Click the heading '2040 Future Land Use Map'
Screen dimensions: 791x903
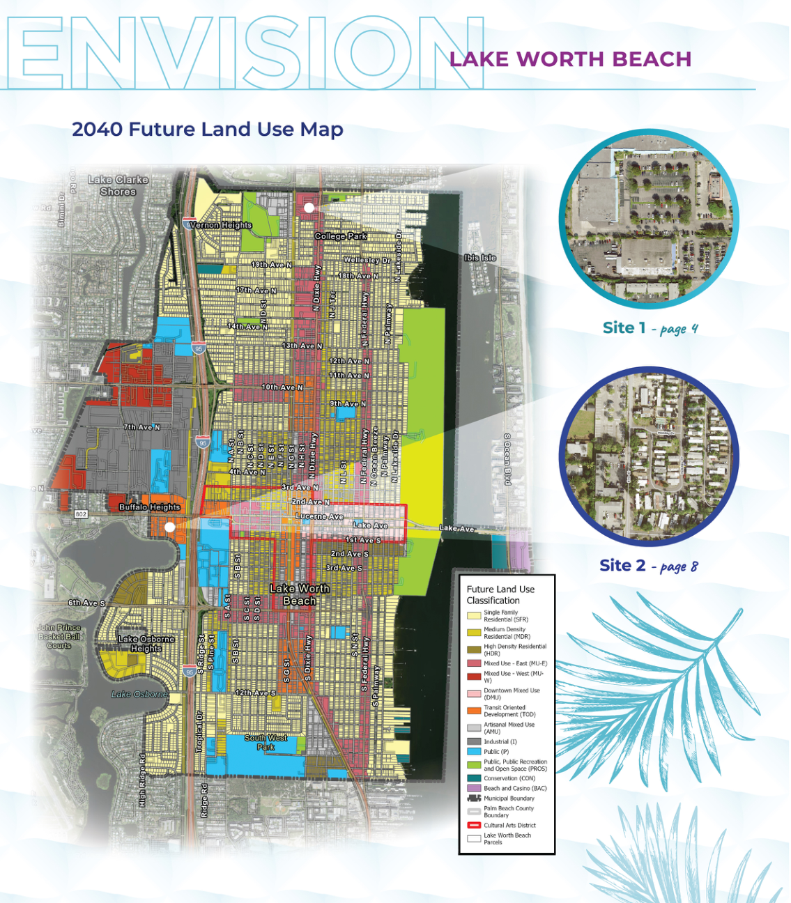[207, 130]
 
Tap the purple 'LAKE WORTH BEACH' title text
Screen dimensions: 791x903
[570, 59]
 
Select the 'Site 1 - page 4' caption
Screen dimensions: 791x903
[650, 328]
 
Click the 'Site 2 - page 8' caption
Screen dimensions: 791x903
[648, 566]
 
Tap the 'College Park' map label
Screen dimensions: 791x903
[340, 236]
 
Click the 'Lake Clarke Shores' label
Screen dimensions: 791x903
[118, 185]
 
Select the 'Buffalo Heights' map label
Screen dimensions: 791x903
[149, 507]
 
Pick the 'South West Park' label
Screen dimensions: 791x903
[266, 742]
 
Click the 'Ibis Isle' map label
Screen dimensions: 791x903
[480, 258]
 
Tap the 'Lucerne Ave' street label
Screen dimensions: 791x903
[319, 516]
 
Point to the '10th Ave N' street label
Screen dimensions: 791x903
[282, 387]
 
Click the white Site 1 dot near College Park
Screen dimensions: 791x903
[309, 208]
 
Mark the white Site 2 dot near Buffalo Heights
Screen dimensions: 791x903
[169, 527]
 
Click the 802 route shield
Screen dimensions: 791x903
[82, 514]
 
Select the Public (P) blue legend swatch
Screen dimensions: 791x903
[474, 752]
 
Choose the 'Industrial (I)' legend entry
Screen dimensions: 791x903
[500, 741]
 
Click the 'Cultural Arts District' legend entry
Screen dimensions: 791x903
[509, 825]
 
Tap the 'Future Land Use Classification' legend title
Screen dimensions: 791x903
[500, 594]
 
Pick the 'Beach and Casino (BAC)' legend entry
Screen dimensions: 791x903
[515, 788]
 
